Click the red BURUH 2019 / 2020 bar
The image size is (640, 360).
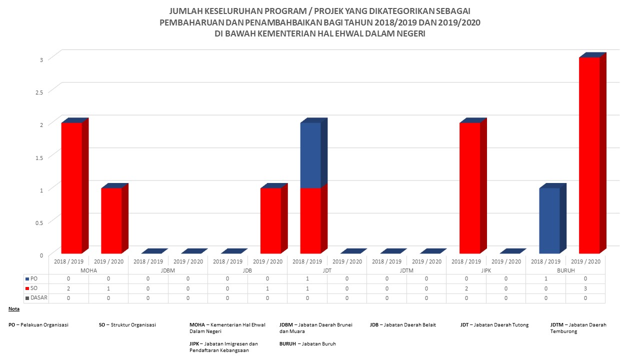point(589,155)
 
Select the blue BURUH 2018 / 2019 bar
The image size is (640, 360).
point(549,220)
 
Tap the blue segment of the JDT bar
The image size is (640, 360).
point(310,155)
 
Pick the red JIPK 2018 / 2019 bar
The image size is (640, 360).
point(469,187)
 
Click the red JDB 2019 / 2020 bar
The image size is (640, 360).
point(270,220)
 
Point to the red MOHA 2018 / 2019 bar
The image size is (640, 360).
point(71,187)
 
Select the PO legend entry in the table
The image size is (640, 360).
point(33,278)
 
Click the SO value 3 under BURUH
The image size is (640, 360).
point(585,288)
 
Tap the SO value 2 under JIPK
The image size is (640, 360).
point(466,288)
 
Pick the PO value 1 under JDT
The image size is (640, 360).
point(307,278)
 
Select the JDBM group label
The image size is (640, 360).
point(168,270)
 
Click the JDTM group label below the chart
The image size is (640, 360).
point(406,270)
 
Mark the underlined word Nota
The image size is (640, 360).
point(14,309)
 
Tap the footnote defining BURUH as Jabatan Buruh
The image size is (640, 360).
point(307,343)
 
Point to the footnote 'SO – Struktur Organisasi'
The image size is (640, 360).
point(127,325)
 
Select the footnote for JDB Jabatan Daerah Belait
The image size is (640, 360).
point(402,325)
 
